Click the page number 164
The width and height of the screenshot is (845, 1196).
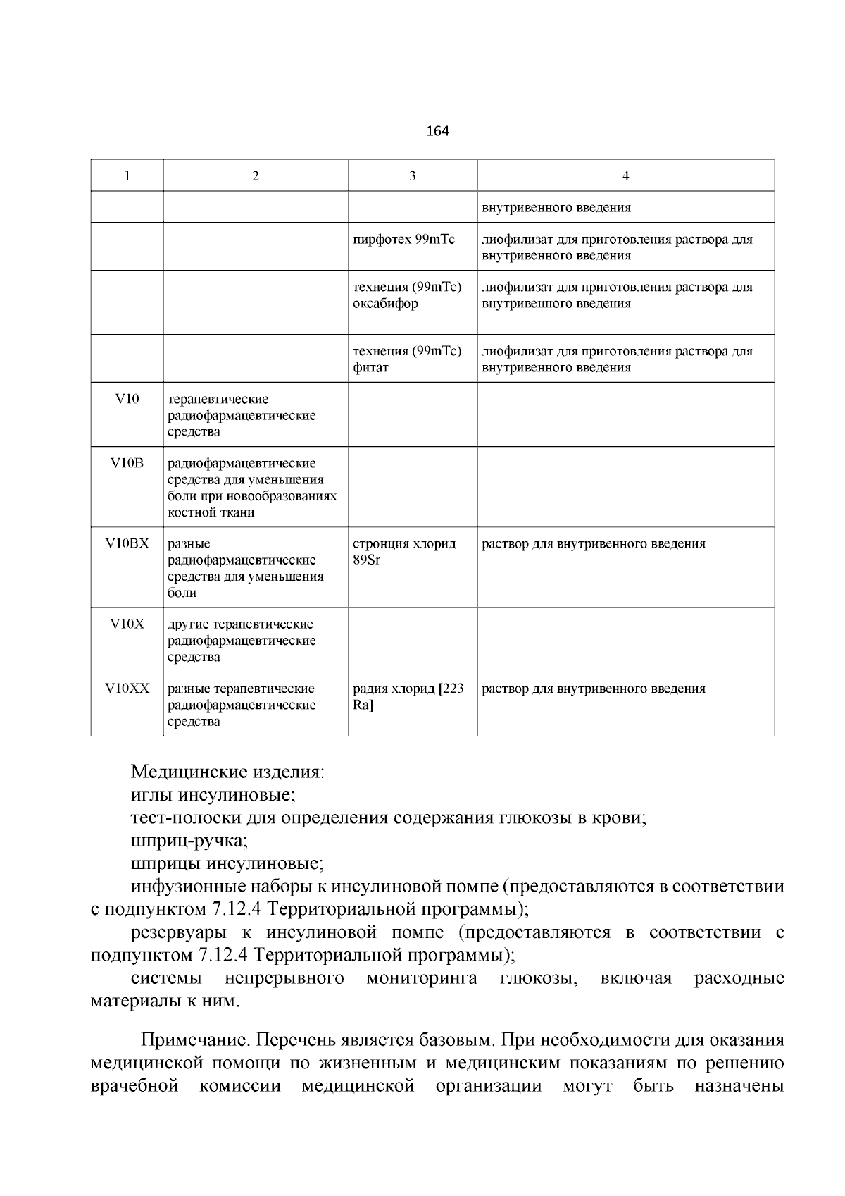pos(437,131)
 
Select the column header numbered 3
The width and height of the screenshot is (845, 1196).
pos(413,176)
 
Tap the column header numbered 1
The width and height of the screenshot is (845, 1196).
pos(127,176)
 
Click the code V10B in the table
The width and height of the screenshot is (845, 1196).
pos(127,464)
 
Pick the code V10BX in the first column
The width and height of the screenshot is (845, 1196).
pos(127,544)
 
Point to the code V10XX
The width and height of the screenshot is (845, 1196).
pos(127,689)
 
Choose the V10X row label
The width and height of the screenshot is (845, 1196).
pos(127,624)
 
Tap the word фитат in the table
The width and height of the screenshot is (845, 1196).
pos(370,368)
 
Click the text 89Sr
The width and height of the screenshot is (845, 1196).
pos(366,560)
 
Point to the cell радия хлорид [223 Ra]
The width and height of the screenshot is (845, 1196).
pos(408,697)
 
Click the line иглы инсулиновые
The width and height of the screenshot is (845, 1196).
pos(213,796)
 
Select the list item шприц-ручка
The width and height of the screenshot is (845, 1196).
pos(189,841)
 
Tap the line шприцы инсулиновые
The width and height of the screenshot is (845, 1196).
pos(227,864)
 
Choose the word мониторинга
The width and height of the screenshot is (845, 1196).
pos(421,979)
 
